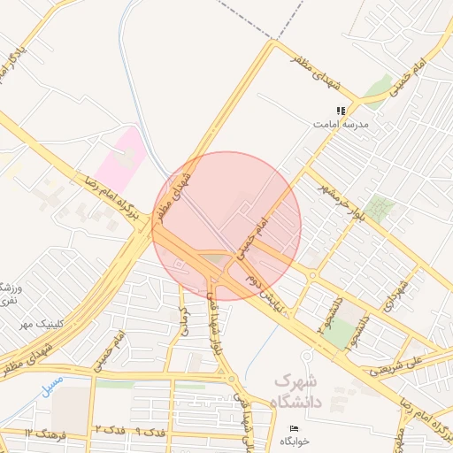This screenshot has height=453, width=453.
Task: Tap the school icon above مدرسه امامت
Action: tap(341, 111)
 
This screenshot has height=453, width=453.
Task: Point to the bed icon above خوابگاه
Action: tap(295, 429)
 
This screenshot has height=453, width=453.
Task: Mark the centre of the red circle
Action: tap(227, 226)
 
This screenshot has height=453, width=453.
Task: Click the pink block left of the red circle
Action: tap(120, 157)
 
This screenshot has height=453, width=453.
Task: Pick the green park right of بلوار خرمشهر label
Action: tap(380, 209)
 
